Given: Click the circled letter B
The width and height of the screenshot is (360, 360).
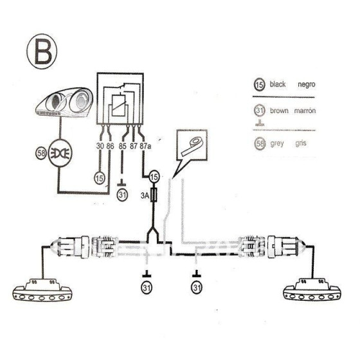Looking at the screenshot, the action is click(x=42, y=51).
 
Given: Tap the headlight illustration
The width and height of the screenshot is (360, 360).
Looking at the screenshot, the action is click(x=64, y=102).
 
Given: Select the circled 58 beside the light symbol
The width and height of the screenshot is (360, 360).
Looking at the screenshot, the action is click(x=41, y=154).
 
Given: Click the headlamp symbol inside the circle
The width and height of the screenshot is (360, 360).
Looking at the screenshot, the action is click(x=60, y=154).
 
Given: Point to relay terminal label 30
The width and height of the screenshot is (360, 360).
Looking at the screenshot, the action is click(x=100, y=146).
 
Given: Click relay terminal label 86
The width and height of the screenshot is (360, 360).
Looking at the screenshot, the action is click(x=110, y=146).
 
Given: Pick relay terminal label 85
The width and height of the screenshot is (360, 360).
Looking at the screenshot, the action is click(x=122, y=147).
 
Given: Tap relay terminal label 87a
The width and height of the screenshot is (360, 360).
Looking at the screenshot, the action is click(x=145, y=146).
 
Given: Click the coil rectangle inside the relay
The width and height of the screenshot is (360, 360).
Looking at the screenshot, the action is click(x=118, y=105).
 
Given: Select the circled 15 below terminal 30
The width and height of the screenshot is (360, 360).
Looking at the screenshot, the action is click(x=100, y=178).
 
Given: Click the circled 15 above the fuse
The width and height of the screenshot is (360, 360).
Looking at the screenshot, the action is click(x=154, y=177).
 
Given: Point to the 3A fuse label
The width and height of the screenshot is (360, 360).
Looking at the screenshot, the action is click(x=145, y=195).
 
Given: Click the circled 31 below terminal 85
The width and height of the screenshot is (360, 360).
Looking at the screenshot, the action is click(x=122, y=195).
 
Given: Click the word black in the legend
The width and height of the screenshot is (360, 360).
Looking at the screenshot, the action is click(x=278, y=84).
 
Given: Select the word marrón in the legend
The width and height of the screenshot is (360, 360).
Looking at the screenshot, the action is click(x=305, y=111).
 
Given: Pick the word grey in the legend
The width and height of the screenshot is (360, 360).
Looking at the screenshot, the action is click(x=277, y=144).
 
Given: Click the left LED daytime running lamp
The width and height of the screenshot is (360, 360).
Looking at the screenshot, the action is click(x=42, y=290).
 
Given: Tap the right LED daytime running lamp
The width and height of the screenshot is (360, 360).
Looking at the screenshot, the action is click(x=312, y=290).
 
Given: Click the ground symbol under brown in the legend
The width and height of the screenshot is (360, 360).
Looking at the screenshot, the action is click(x=260, y=123).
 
